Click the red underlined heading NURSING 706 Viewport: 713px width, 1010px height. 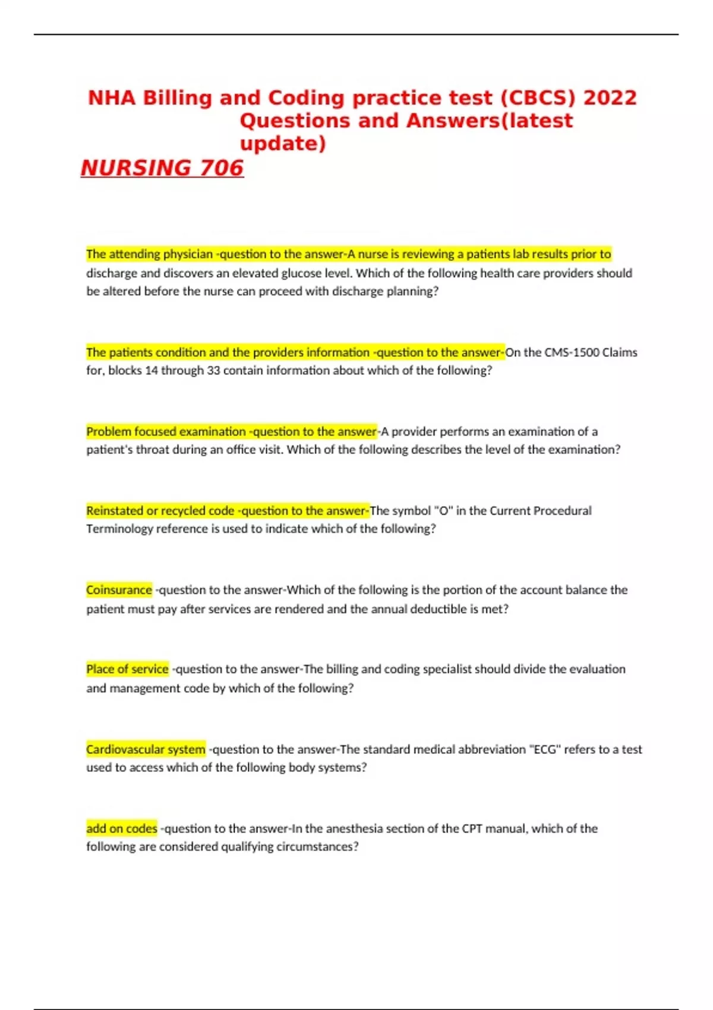[162, 168]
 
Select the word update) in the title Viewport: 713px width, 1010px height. [283, 144]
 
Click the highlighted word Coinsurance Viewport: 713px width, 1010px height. [119, 590]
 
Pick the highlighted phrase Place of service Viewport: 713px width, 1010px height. [127, 669]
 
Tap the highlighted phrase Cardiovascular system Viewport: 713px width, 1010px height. [146, 749]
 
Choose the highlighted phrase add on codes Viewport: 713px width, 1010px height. [122, 828]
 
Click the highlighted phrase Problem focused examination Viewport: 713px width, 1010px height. [166, 431]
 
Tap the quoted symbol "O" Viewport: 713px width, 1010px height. [443, 510]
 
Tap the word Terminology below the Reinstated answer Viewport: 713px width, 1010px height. [119, 529]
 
